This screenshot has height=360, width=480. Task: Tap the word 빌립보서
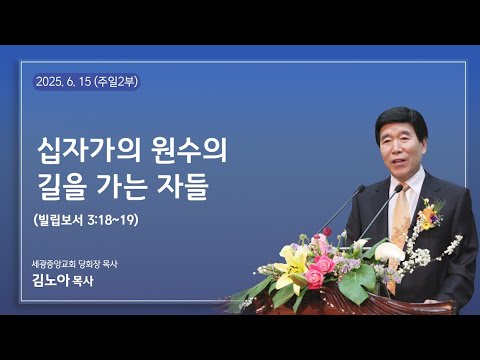(x=62, y=219)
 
